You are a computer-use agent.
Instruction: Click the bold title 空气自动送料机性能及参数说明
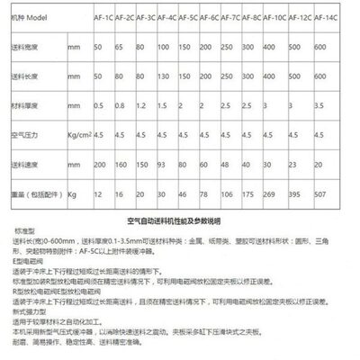[180, 220]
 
